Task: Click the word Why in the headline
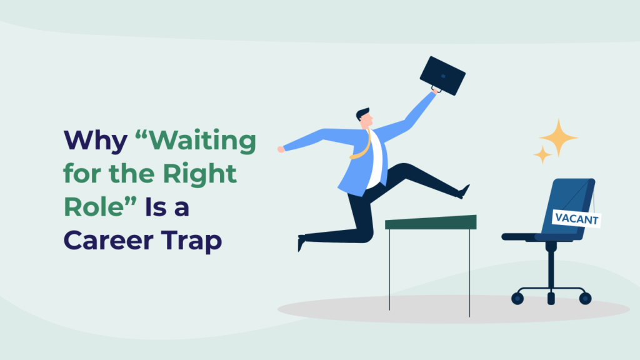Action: point(96,141)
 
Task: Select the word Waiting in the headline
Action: point(202,140)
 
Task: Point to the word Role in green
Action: point(94,207)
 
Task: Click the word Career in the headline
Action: point(107,241)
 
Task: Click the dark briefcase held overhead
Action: point(442,76)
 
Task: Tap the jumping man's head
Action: point(364,118)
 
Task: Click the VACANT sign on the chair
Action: point(576,219)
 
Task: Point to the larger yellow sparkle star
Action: point(558,137)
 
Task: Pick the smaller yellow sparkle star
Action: point(542,155)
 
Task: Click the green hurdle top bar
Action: point(431,222)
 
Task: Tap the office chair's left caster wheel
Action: point(517,299)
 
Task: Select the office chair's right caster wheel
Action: point(585,298)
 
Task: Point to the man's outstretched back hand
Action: point(281,149)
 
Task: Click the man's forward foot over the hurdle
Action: point(464,192)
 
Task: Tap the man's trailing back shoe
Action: point(301,243)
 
